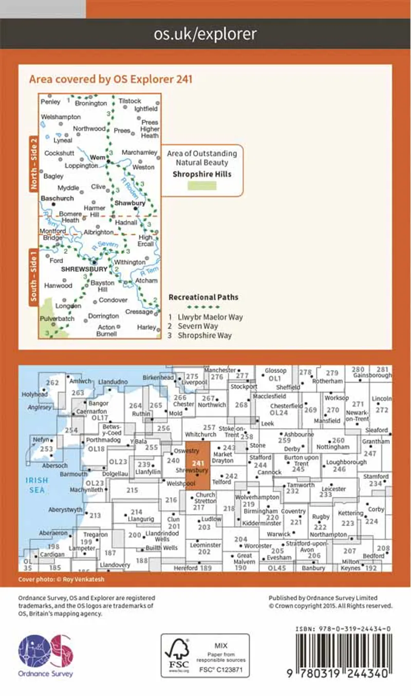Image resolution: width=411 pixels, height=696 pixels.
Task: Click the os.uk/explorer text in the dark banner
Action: pyautogui.click(x=205, y=34)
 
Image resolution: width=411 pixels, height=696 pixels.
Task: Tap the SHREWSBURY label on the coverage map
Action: pyautogui.click(x=84, y=269)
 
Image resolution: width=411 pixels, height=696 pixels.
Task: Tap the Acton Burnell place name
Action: pyautogui.click(x=106, y=331)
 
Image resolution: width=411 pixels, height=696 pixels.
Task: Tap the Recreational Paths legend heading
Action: pyautogui.click(x=203, y=297)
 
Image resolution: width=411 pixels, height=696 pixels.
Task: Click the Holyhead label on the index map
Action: pyautogui.click(x=33, y=394)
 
